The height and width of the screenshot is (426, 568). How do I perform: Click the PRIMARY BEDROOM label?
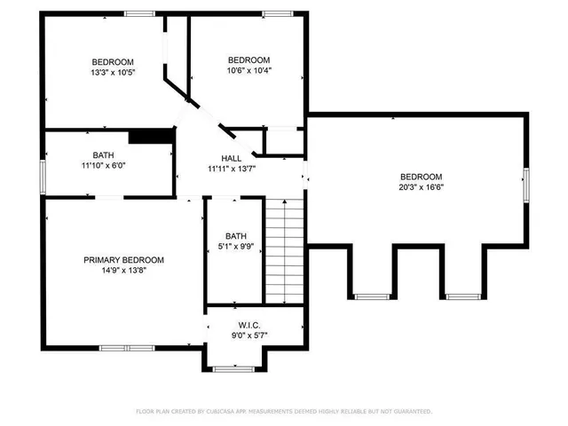123,260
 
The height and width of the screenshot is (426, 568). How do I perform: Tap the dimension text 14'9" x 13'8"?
123,271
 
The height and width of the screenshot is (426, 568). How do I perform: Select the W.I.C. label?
236,325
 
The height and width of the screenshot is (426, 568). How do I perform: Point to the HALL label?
232,158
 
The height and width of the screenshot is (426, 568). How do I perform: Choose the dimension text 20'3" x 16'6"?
421,187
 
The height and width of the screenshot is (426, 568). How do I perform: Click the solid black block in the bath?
150,136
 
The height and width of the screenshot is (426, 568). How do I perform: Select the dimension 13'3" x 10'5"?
112,72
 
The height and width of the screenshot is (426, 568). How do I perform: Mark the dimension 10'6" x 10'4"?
248,70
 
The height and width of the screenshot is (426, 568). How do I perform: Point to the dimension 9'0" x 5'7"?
236,335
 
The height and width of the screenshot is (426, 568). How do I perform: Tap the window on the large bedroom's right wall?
525,184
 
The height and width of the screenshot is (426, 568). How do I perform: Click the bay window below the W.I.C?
235,367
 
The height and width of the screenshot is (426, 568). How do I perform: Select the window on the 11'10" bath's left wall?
43,174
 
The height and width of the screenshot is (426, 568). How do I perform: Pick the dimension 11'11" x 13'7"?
232,169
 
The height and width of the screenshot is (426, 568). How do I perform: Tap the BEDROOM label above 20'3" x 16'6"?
421,176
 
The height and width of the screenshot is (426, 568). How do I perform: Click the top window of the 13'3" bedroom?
138,13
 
